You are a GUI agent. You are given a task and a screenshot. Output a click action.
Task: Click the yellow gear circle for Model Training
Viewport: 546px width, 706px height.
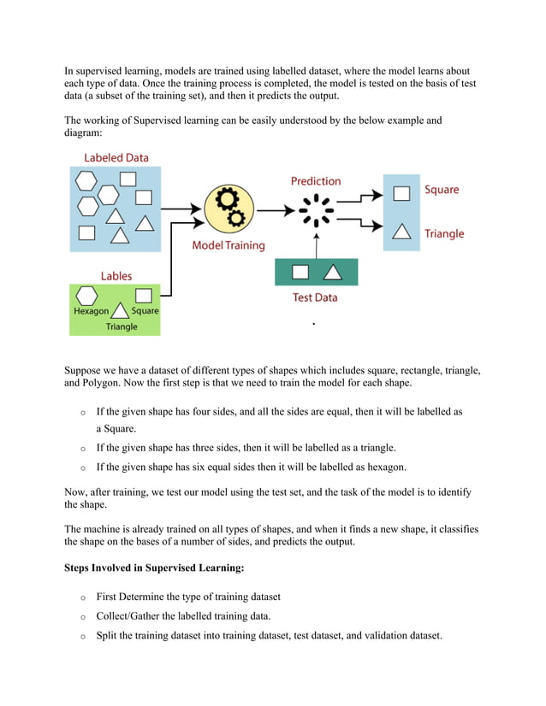229,208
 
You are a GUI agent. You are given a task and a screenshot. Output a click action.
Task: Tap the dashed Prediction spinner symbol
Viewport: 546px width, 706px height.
316,209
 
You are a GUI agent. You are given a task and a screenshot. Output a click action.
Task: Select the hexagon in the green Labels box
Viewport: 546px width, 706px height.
86,295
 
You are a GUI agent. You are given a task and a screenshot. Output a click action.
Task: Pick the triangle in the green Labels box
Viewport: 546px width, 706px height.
121,311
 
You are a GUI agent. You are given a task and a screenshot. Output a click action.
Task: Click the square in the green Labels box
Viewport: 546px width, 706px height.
144,295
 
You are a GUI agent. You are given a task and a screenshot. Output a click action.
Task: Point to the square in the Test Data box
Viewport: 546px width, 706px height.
300,273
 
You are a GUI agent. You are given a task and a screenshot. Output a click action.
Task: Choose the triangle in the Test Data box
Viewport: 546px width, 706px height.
331,273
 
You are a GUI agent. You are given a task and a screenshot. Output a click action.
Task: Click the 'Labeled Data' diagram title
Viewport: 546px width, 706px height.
116,158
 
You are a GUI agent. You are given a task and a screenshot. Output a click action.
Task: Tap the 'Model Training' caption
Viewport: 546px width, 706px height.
228,245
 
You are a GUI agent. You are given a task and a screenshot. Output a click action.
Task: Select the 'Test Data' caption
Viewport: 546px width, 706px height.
315,297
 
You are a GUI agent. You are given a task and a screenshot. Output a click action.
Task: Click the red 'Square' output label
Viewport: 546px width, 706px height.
442,190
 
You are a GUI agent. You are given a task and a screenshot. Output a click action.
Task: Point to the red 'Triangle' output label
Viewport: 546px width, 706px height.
444,233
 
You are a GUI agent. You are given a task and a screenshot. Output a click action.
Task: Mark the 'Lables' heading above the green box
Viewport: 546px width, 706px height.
116,276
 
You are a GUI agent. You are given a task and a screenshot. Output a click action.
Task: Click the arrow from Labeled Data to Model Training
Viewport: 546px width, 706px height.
181,208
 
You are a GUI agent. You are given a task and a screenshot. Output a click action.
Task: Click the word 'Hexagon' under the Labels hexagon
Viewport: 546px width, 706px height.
91,312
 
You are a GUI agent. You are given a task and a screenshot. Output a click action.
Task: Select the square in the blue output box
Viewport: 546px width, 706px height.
401,192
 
